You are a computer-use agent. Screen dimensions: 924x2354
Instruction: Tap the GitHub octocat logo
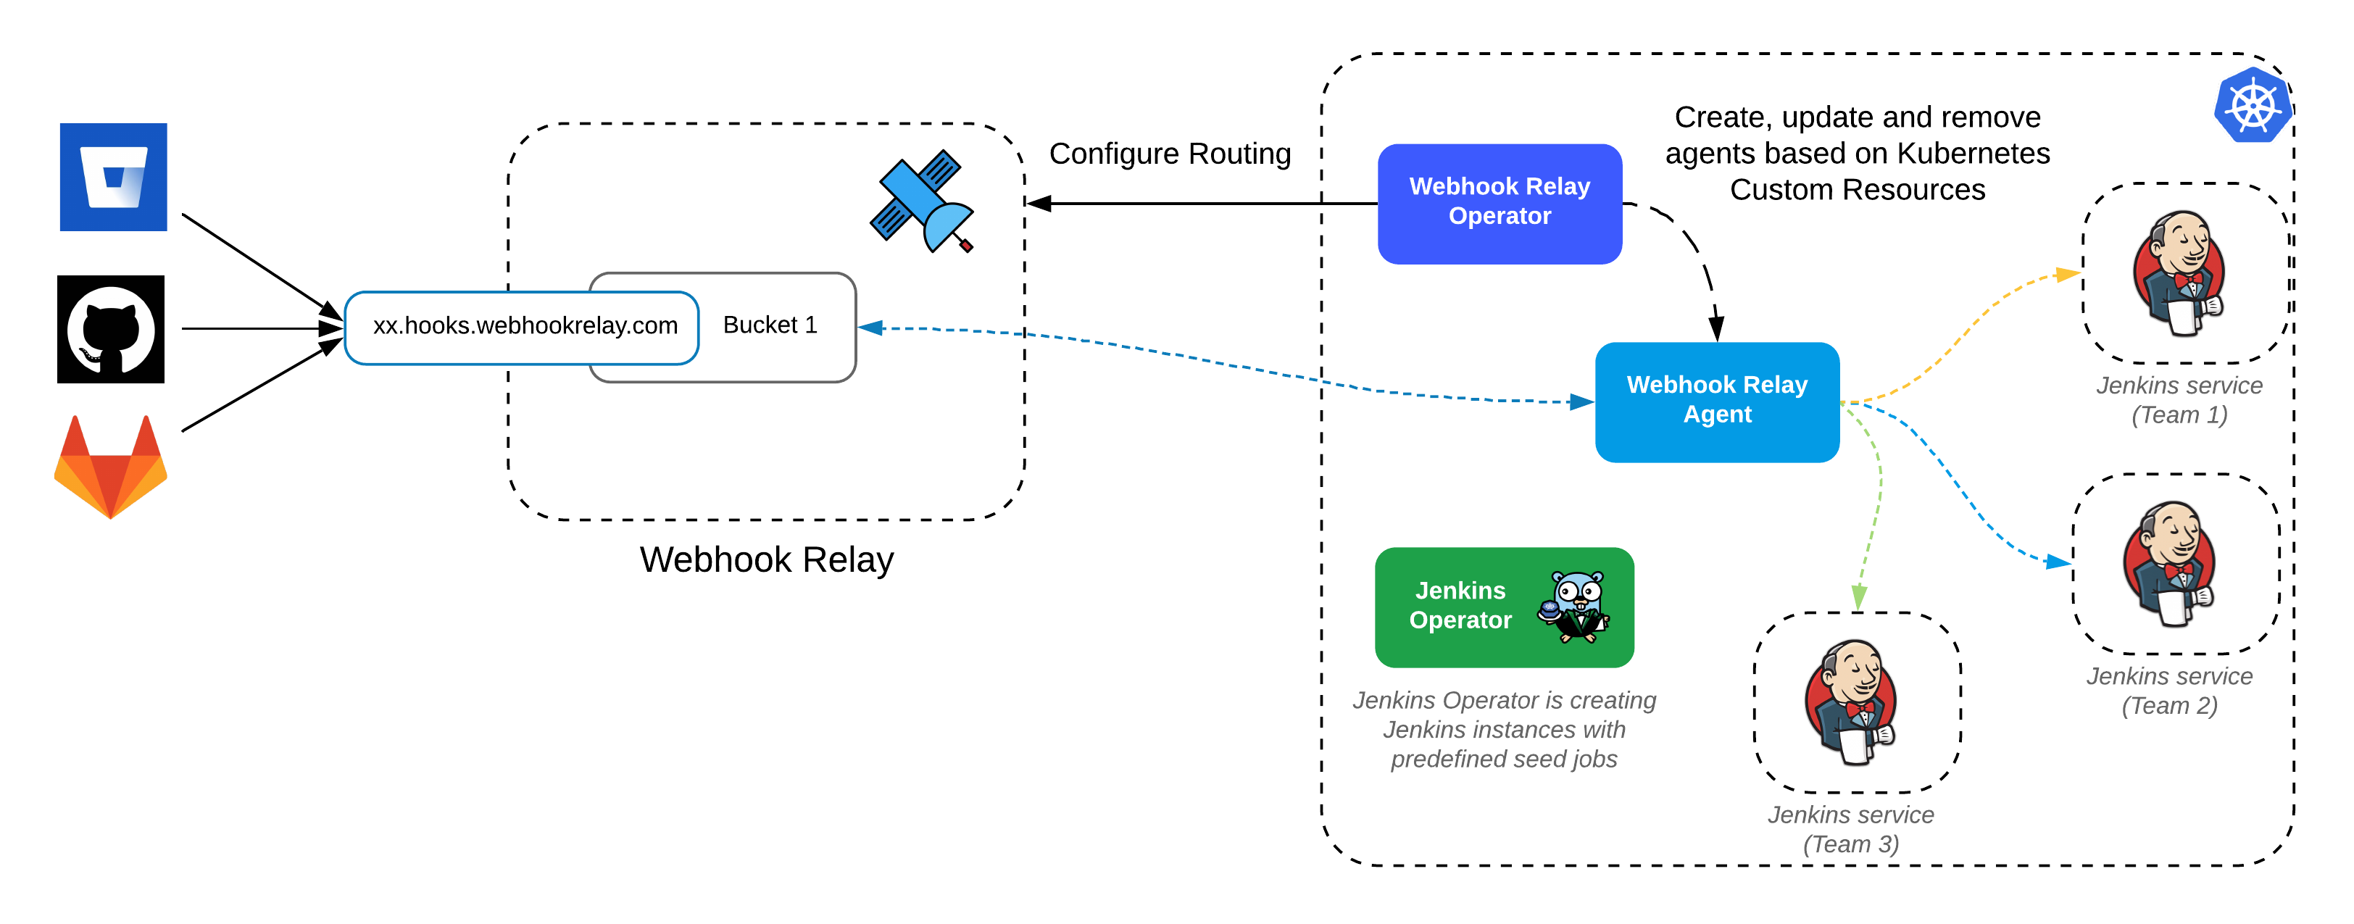[111, 329]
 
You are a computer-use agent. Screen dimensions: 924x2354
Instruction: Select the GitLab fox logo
[111, 468]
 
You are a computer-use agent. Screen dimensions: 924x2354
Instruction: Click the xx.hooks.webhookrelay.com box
[523, 326]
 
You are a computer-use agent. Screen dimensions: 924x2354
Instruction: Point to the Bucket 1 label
[770, 325]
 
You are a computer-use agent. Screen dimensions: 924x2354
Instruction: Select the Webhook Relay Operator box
[1499, 203]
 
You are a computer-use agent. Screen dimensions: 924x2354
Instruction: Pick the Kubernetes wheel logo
[2252, 105]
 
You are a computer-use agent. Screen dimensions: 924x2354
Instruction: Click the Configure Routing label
[1169, 154]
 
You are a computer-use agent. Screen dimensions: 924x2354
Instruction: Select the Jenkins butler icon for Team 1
[2179, 272]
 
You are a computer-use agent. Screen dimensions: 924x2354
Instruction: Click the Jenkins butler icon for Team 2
[2169, 563]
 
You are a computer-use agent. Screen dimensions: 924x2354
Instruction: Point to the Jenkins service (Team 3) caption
[1850, 828]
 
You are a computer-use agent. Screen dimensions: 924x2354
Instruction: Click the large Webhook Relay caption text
[766, 559]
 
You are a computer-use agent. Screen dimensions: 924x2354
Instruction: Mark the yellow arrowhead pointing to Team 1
[2066, 274]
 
